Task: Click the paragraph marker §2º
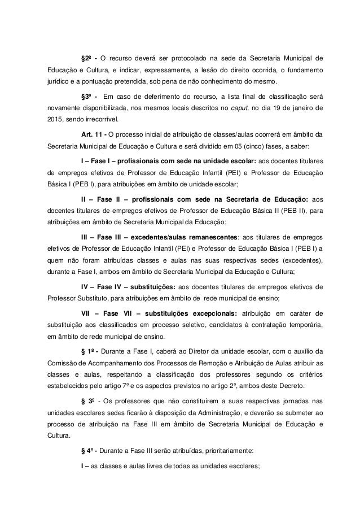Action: click(x=87, y=58)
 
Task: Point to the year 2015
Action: click(x=55, y=121)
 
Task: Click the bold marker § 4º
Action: click(x=90, y=467)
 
